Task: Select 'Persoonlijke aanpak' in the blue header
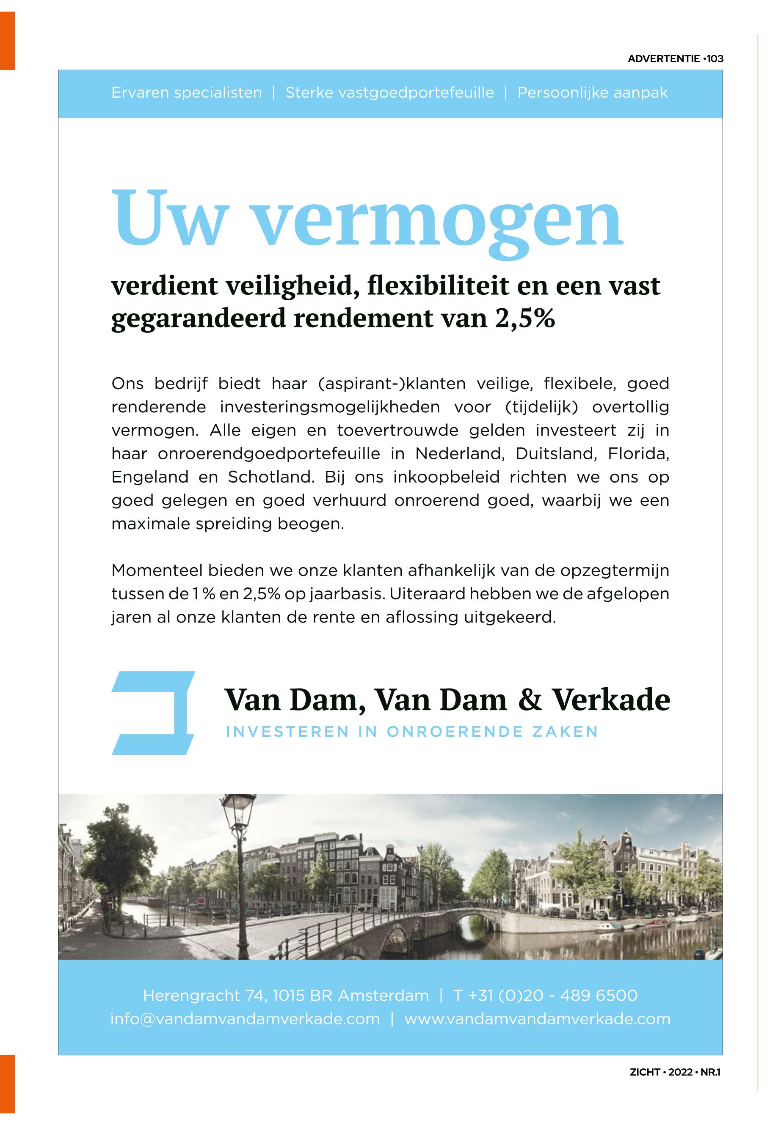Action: click(592, 93)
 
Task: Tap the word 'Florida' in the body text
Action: click(637, 454)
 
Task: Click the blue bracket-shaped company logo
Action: click(153, 713)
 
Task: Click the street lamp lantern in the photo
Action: click(238, 813)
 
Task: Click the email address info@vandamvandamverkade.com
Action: click(245, 1019)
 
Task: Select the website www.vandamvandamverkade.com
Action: click(537, 1019)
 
